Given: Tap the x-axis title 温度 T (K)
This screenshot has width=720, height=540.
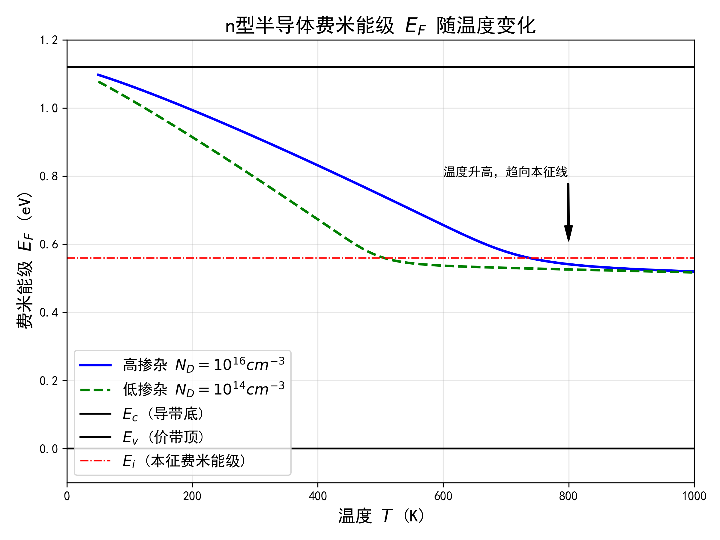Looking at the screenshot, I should (381, 516).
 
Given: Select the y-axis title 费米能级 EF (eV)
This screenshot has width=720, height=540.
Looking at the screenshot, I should (25, 260).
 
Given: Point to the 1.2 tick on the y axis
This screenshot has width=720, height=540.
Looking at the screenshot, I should (49, 40).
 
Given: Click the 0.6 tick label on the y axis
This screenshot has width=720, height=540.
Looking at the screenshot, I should (49, 244).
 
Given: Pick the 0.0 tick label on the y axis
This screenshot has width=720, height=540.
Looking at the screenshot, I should (49, 449).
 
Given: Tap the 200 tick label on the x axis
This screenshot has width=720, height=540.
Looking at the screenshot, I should (192, 496).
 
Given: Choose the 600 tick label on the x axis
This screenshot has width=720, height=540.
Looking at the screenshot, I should (443, 496).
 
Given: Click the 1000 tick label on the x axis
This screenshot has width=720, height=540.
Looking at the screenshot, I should (694, 496).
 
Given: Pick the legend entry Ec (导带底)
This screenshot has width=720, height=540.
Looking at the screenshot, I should (163, 414).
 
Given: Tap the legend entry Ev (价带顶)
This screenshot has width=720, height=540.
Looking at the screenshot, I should (163, 437).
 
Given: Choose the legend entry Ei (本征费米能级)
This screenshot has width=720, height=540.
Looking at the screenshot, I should (184, 461).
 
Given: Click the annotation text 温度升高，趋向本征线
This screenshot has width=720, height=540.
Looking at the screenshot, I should (505, 172).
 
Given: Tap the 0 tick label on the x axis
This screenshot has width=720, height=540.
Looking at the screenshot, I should (67, 496).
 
